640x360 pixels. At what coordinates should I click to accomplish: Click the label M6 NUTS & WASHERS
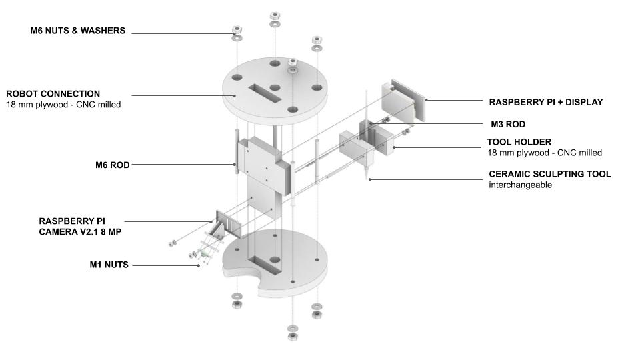77,31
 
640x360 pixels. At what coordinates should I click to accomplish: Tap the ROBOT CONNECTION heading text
53,94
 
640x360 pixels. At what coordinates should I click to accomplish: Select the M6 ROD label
112,165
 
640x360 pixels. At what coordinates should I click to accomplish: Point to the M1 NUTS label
109,265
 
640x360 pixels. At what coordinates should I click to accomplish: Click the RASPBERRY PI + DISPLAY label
546,102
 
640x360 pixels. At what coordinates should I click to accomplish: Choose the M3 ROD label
508,124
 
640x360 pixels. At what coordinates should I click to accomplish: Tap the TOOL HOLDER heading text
519,142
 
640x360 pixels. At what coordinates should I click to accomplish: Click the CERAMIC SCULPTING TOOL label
550,174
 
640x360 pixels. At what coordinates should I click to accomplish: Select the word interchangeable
521,185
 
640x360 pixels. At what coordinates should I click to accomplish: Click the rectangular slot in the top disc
265,93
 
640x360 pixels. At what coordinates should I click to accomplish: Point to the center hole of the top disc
275,88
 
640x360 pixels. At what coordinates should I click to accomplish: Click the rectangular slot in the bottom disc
265,265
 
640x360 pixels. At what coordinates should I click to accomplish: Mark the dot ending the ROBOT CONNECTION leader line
235,95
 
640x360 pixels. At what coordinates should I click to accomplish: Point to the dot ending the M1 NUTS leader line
199,265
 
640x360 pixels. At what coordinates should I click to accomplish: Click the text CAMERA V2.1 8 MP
80,232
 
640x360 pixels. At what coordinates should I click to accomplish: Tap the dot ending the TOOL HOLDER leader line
394,147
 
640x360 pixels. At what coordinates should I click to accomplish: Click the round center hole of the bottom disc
275,259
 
